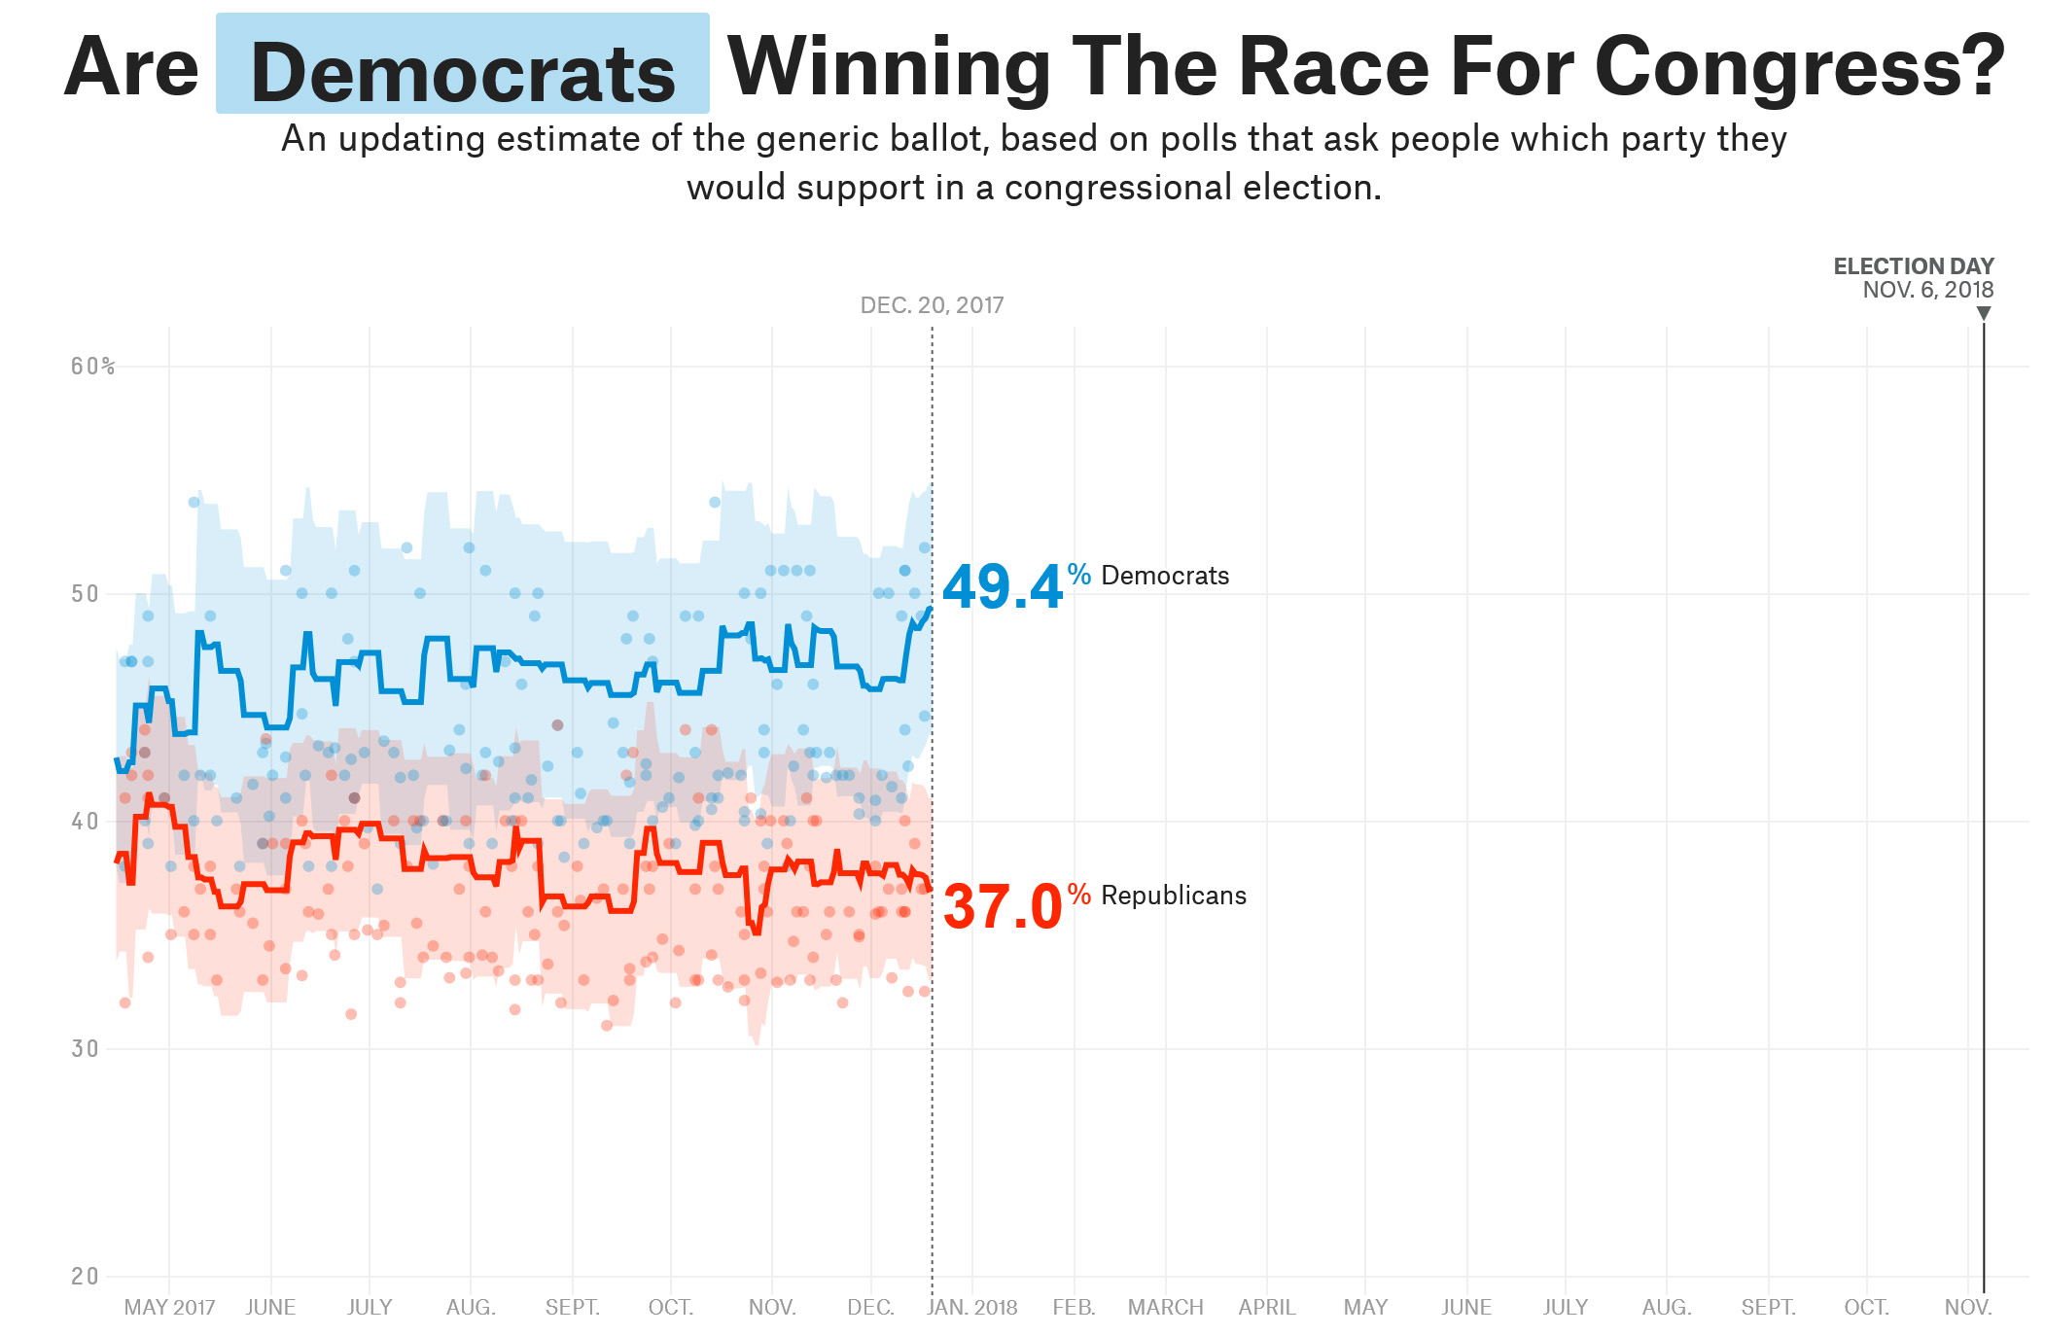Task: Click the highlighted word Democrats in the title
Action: click(463, 74)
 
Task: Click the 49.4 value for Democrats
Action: click(1002, 587)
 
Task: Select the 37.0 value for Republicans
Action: click(1002, 907)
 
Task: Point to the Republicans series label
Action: click(1173, 896)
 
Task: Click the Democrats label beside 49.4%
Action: click(1164, 576)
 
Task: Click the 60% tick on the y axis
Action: click(92, 367)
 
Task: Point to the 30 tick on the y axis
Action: click(86, 1049)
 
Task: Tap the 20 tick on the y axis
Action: click(86, 1277)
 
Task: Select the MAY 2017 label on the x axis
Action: click(169, 1308)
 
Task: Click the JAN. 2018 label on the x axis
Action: click(971, 1308)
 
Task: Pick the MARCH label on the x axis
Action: click(1165, 1308)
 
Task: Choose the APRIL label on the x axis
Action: click(1266, 1308)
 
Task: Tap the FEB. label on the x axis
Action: click(1074, 1308)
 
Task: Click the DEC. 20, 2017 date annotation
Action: click(932, 305)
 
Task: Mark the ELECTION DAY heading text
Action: click(1913, 266)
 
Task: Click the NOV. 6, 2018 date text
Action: click(1927, 290)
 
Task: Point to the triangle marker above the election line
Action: click(1984, 313)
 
